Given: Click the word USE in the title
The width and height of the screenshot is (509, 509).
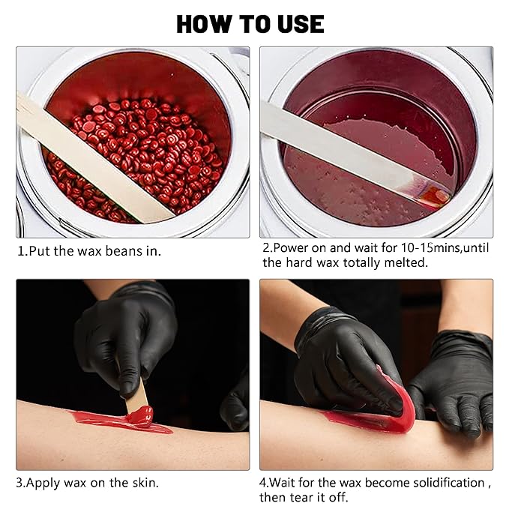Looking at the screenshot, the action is pyautogui.click(x=301, y=24).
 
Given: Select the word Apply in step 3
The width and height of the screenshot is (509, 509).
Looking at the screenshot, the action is pyautogui.click(x=43, y=484).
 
